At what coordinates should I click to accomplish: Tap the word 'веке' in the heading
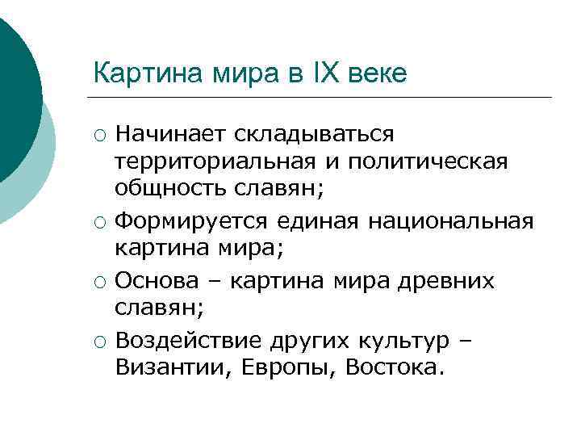[379, 73]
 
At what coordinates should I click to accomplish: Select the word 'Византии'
[165, 368]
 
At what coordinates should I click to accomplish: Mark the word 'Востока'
[394, 368]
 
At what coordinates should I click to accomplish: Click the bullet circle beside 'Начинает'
[98, 133]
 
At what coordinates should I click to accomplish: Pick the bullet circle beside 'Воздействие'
[98, 341]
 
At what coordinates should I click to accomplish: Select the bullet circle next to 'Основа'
[98, 281]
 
